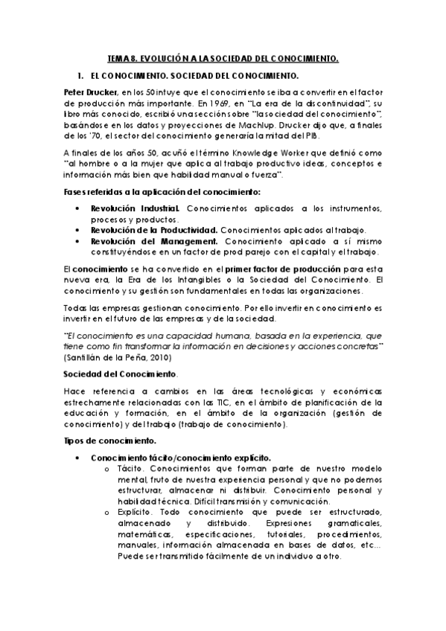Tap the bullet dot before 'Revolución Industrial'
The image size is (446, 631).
pyautogui.click(x=78, y=209)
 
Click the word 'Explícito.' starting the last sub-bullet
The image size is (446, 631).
pyautogui.click(x=138, y=513)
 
